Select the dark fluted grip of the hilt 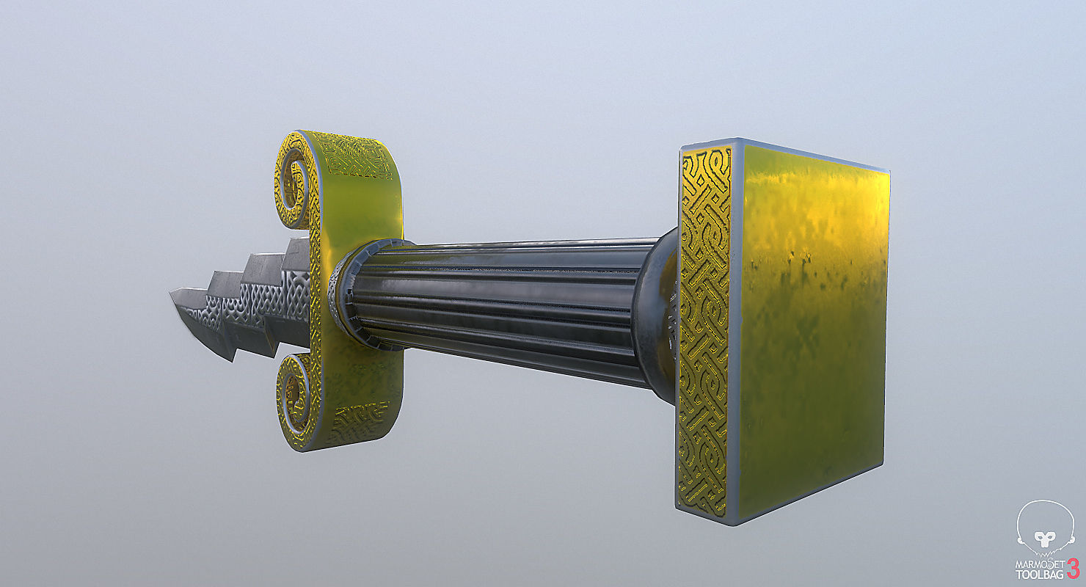click(506, 308)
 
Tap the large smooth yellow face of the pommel click(811, 323)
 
